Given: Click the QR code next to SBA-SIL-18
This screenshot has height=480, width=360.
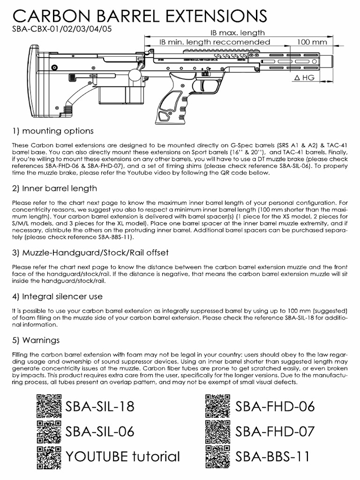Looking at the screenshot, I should point(49,406).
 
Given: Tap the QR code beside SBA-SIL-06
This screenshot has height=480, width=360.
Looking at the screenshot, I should point(49,431).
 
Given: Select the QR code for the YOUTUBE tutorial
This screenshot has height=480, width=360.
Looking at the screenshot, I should point(49,456).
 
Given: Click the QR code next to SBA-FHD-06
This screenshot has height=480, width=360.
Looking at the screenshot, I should point(218,406).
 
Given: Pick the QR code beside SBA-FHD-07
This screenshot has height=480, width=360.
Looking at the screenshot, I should point(218,431).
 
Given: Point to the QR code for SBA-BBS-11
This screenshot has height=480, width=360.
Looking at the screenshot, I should point(218,456).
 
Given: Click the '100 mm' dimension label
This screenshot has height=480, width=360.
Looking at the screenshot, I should point(311,42).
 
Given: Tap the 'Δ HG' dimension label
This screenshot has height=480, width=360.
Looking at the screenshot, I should point(307,77).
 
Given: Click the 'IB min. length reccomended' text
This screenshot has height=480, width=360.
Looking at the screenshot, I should point(215,42).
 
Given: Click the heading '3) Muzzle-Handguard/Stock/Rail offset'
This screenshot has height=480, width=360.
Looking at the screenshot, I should point(90,253).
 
